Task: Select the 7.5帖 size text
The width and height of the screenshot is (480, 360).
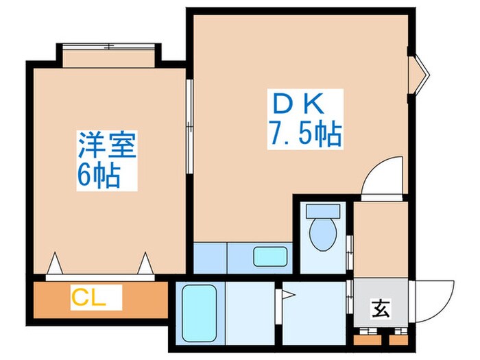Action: (x=302, y=135)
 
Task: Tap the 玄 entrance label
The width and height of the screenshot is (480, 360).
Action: (x=381, y=309)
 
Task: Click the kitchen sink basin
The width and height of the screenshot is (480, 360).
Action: (x=269, y=257)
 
